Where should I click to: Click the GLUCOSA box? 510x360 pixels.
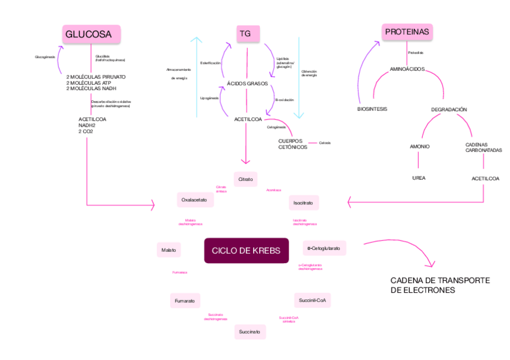click(91, 34)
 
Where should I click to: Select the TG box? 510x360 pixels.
click(245, 34)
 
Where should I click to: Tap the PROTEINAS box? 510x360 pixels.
click(408, 32)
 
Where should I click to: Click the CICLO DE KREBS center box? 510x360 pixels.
click(246, 250)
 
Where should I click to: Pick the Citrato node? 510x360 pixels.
click(245, 179)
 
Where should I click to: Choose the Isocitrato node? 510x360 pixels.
click(303, 203)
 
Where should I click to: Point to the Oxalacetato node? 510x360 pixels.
click(194, 200)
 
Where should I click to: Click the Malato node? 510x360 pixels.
click(169, 249)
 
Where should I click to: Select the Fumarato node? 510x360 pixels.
click(185, 300)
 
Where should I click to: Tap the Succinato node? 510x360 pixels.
click(250, 332)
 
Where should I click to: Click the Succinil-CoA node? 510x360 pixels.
click(312, 299)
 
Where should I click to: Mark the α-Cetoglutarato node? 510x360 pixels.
click(324, 248)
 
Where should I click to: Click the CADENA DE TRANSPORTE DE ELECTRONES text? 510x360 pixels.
click(440, 285)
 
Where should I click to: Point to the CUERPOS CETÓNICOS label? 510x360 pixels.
click(293, 144)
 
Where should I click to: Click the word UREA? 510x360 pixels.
click(419, 178)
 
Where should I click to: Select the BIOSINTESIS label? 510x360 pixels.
click(372, 109)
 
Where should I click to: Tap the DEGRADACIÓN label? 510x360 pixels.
click(449, 109)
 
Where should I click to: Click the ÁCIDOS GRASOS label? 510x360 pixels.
click(247, 83)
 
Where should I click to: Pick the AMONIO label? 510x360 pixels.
click(419, 147)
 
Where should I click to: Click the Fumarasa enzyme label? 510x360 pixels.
click(180, 273)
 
